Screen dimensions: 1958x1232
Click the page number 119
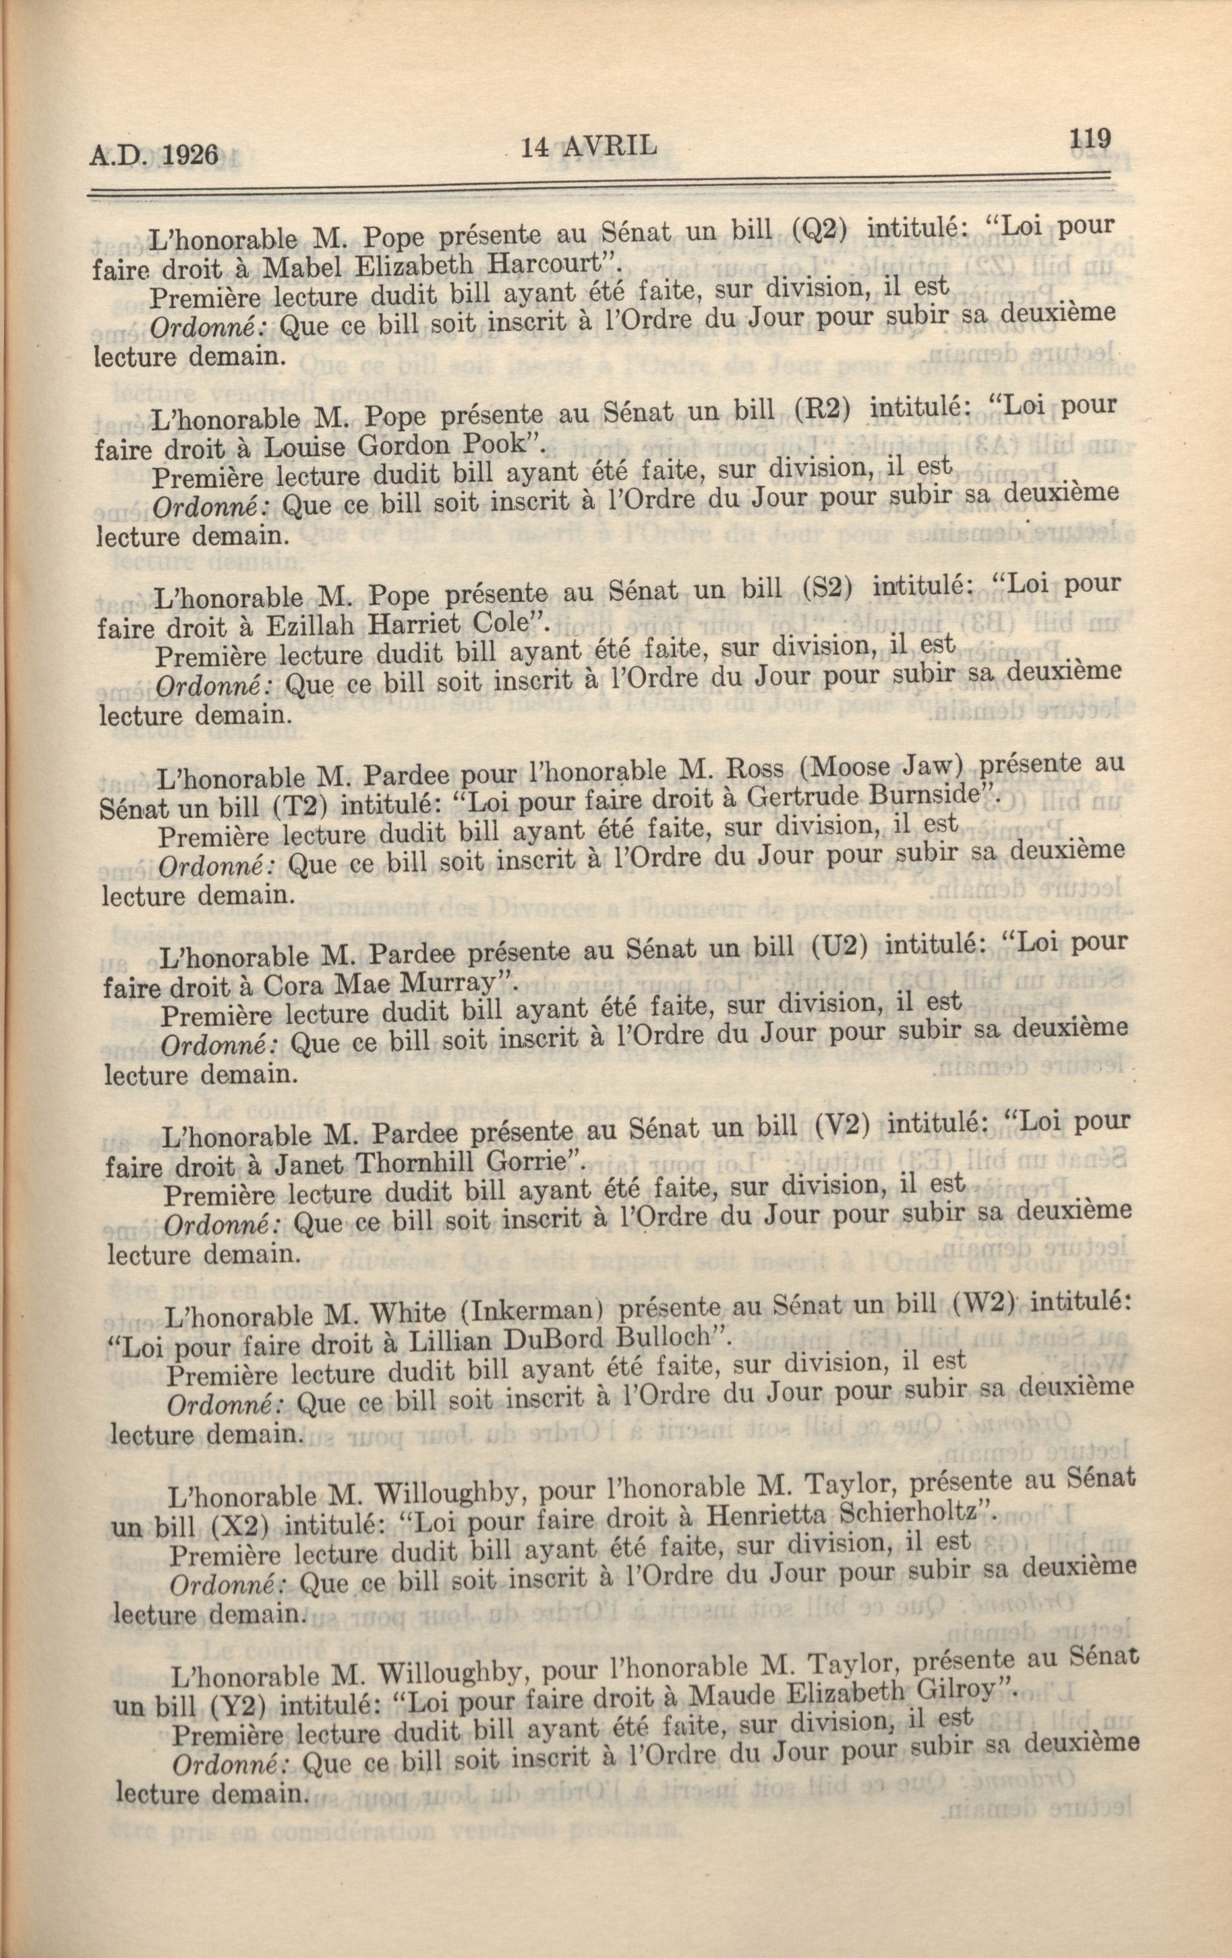1090,138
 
